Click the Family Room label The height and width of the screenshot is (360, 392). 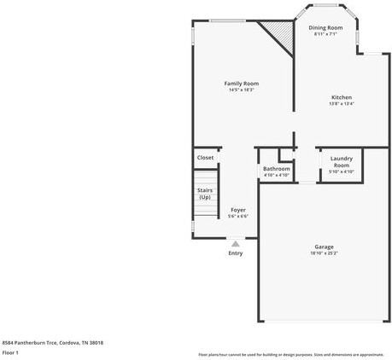[x=241, y=83]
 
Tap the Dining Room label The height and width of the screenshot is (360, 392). [x=325, y=28]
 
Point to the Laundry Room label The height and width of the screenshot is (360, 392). [x=341, y=161]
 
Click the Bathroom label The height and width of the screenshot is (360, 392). [x=277, y=168]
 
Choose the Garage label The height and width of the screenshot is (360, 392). [x=324, y=247]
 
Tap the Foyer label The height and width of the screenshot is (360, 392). [x=238, y=209]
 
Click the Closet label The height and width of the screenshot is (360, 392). [x=206, y=158]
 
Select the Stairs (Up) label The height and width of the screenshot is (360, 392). [x=205, y=194]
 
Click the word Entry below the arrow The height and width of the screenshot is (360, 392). [x=236, y=253]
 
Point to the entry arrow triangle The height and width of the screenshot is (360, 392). [x=236, y=242]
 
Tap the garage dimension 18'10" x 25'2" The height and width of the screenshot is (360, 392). [x=324, y=253]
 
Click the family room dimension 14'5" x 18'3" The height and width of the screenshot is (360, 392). [x=241, y=90]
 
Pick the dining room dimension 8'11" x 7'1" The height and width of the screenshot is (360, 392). [x=325, y=34]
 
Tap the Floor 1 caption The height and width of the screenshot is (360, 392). [x=11, y=352]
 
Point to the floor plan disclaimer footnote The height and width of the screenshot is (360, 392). [x=290, y=354]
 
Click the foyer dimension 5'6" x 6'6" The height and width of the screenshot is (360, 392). [x=238, y=216]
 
